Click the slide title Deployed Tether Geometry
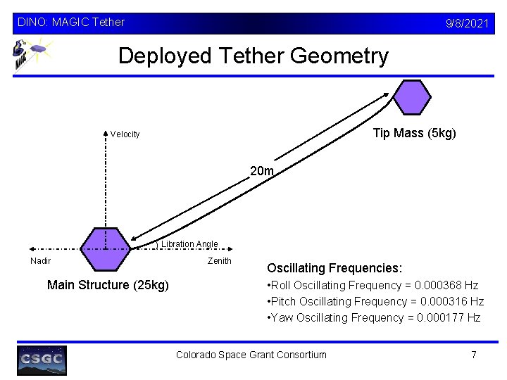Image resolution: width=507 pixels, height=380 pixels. pos(253,56)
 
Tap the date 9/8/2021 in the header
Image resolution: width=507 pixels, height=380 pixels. pos(467,23)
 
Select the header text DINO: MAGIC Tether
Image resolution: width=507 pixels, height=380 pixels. pos(70,23)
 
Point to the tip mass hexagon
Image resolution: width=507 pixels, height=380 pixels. pos(411,97)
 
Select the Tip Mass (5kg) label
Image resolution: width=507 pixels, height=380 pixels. pos(414,133)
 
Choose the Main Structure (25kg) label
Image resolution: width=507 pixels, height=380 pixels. pos(108,285)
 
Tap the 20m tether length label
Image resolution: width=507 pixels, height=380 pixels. pos(262,170)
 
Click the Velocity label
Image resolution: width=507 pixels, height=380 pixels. pos(125,134)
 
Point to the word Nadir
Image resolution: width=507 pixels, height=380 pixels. pos(40,261)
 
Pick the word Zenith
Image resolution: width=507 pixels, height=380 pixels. pos(219,261)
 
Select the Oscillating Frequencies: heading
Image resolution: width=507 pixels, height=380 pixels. pos(334,268)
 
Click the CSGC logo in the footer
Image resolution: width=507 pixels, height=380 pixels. pos(42,360)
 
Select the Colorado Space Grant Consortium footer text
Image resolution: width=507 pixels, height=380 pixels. pos(251,355)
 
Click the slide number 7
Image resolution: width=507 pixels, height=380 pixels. pos(474,355)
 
